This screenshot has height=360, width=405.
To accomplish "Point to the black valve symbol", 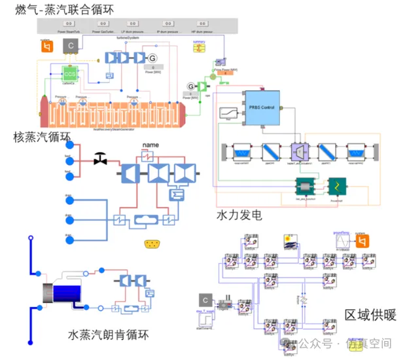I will pyautogui.click(x=100, y=158).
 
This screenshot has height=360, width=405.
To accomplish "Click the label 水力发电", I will pyautogui.click(x=239, y=215).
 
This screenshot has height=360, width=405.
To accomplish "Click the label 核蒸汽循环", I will pyautogui.click(x=41, y=137).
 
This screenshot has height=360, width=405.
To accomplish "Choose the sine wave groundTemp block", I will pyautogui.click(x=340, y=240).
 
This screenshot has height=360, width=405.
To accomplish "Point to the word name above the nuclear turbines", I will pyautogui.click(x=151, y=145).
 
